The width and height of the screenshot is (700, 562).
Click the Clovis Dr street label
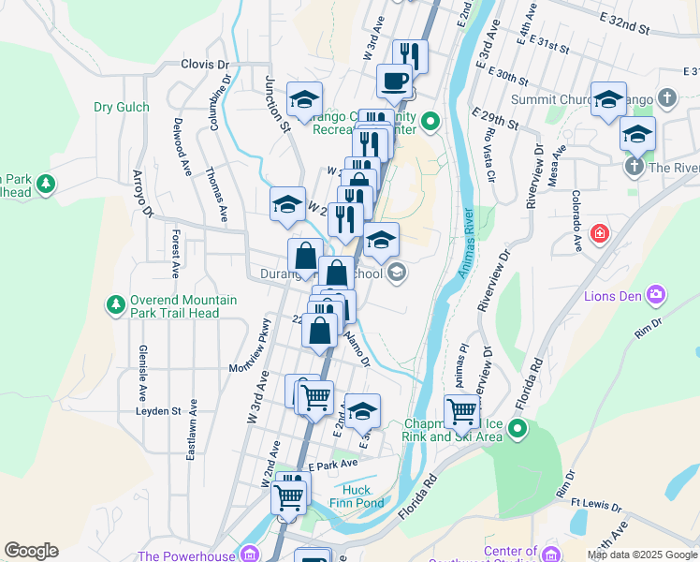point(205,65)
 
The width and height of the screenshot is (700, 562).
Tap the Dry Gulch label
point(122,107)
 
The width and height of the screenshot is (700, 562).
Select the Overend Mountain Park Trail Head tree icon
point(115,304)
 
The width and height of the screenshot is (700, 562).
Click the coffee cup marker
point(394,81)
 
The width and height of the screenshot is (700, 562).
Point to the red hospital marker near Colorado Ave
point(599,232)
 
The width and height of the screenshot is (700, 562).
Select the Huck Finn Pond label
point(357,495)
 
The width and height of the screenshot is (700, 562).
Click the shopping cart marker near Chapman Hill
point(461,410)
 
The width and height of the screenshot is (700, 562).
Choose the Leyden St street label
point(157,410)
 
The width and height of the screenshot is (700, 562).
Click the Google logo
point(31,551)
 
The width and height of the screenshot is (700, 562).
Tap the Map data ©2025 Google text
point(642,555)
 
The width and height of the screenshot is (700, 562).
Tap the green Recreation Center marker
point(430,120)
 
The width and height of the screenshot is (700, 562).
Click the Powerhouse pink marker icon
point(249,554)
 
